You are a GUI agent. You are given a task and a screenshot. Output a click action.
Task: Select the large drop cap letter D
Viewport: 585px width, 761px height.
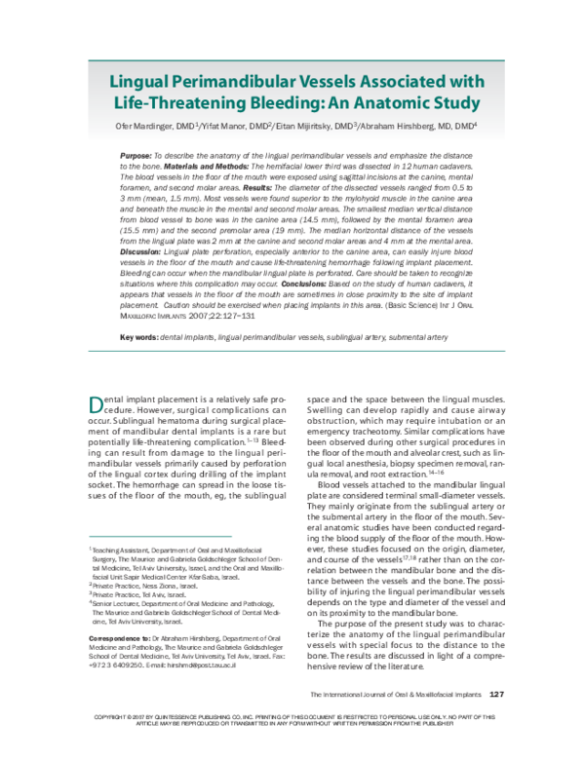click(96, 404)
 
